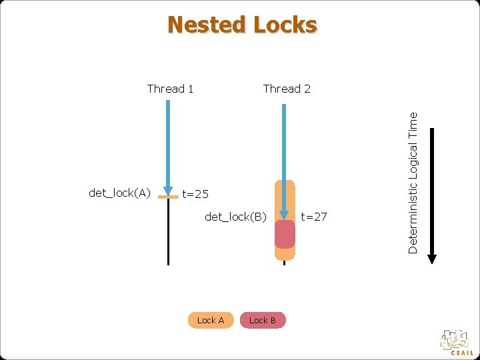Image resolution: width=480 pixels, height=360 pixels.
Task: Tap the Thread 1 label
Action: (x=170, y=89)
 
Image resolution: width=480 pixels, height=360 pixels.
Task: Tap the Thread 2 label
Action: (x=287, y=89)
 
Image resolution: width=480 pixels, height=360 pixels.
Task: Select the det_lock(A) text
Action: (x=119, y=193)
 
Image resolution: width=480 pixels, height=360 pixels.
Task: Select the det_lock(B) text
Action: (x=236, y=216)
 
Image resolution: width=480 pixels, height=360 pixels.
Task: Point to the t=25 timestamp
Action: (x=196, y=195)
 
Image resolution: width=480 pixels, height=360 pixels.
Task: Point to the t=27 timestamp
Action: (x=315, y=216)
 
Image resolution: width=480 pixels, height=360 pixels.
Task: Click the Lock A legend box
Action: (x=211, y=321)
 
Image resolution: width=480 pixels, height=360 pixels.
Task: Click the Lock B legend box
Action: (x=263, y=321)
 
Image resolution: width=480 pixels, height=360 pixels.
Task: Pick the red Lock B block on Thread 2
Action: (x=285, y=234)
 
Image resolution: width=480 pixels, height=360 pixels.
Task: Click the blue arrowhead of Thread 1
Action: (x=168, y=191)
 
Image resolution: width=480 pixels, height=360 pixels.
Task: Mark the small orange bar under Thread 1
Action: (x=168, y=198)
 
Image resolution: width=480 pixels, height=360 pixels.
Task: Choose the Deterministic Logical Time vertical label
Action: (x=413, y=182)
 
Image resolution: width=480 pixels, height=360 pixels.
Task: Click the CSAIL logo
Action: (x=456, y=342)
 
